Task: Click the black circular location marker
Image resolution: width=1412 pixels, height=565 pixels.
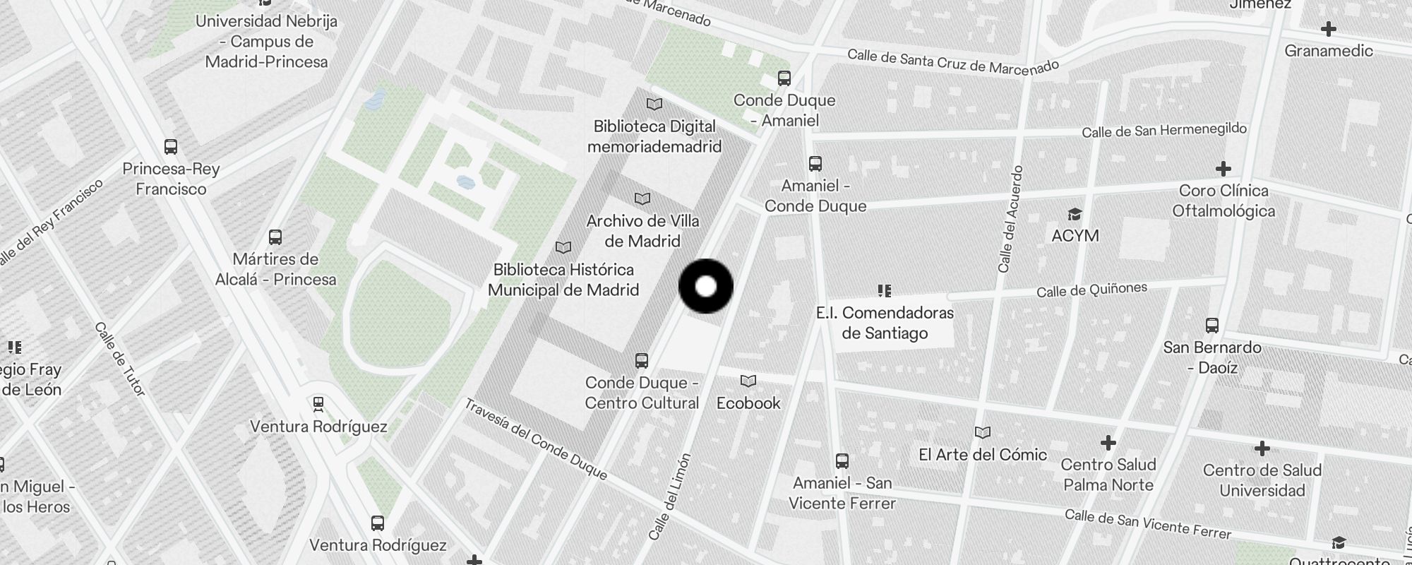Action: pos(706,286)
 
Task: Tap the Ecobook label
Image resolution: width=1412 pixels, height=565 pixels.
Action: pos(748,403)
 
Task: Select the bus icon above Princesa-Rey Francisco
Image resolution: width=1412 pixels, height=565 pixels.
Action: pos(171,147)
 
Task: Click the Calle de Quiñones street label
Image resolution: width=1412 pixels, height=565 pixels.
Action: pos(1091,290)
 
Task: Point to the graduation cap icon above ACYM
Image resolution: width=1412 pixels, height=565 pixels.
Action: pos(1075,214)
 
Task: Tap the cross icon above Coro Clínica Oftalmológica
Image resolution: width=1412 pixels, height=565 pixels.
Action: pos(1223,169)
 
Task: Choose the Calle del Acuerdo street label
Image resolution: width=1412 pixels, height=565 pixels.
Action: pos(1010,219)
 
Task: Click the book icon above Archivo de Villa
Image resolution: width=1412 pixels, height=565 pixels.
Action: pos(642,198)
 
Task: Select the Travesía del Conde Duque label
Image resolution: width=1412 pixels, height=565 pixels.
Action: pos(536,439)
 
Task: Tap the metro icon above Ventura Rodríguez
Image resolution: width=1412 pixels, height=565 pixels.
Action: pos(318,404)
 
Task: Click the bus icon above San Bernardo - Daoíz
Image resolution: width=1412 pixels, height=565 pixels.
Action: pos(1212,326)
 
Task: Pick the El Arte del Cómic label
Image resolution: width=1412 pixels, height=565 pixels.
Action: pos(983,455)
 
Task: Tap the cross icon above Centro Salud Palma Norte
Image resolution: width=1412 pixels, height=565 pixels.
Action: pos(1108,443)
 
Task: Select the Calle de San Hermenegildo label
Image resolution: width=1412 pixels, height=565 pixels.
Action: pos(1164,130)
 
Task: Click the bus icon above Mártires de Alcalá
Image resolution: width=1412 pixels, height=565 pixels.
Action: pos(275,237)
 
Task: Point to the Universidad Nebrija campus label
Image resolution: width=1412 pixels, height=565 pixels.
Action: pos(267,41)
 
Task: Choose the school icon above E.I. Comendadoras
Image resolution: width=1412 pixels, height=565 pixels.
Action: pos(885,290)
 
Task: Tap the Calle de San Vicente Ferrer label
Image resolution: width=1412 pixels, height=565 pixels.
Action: pos(1147,524)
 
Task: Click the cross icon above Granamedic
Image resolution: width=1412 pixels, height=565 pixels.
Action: pos(1329,29)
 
